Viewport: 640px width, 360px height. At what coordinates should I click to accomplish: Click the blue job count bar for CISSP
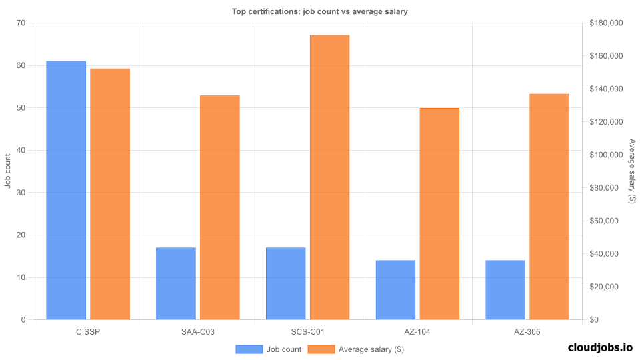click(x=66, y=190)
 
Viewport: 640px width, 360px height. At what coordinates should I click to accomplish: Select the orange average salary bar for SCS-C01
click(x=329, y=177)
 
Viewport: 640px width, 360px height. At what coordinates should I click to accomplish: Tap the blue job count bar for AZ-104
click(x=395, y=290)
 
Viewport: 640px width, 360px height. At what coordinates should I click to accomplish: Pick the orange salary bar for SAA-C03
click(x=219, y=207)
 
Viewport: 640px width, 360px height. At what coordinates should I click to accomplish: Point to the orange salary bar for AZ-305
click(x=549, y=207)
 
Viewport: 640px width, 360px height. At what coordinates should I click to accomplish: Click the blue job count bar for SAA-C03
click(x=176, y=283)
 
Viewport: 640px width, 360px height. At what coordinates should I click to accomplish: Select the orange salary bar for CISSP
click(x=110, y=194)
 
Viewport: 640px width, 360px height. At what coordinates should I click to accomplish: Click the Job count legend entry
click(x=268, y=349)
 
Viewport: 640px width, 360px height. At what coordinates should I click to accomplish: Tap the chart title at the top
click(x=319, y=11)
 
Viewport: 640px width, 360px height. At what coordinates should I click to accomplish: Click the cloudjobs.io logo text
click(x=600, y=347)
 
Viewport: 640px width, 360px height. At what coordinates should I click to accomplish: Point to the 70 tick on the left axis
click(x=21, y=23)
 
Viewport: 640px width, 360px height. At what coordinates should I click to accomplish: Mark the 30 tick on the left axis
click(x=21, y=193)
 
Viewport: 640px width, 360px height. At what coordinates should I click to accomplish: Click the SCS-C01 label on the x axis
click(x=308, y=331)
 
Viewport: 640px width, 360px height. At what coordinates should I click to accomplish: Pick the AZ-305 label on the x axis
click(x=527, y=331)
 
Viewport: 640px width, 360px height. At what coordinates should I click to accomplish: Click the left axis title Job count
click(x=8, y=171)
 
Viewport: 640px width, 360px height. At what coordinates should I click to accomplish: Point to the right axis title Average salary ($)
click(x=632, y=171)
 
